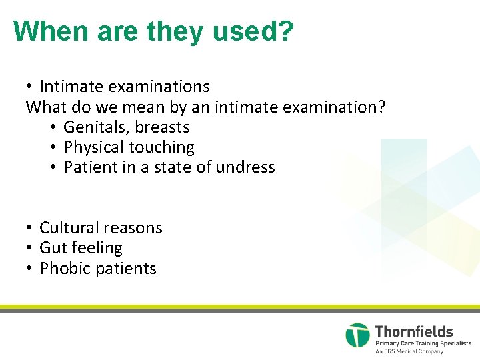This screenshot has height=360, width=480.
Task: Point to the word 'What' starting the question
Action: coord(44,107)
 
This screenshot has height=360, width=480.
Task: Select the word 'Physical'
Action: coord(93,147)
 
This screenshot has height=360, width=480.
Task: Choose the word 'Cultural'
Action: coord(69,228)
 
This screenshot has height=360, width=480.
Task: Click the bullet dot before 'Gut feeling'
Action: coord(30,248)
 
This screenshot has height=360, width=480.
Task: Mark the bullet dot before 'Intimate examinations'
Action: coord(30,87)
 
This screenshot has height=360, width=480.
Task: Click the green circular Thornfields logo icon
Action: coord(357,335)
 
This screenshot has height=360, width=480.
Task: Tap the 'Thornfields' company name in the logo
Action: coord(413,331)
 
